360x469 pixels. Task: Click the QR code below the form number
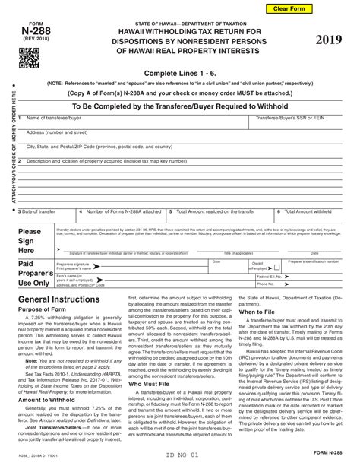click(29, 57)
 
